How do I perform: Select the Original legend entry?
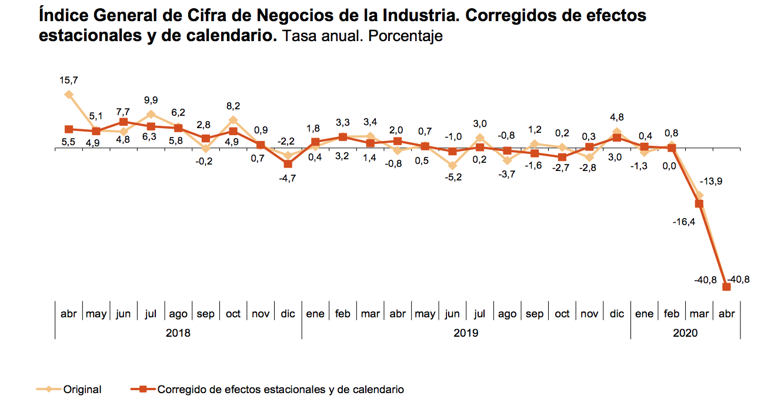click(x=82, y=390)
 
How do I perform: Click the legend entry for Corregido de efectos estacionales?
click(x=281, y=390)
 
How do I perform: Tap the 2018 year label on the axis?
click(x=178, y=333)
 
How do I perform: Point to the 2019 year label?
click(x=466, y=333)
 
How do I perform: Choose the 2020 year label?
click(x=685, y=333)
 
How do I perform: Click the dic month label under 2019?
click(x=617, y=314)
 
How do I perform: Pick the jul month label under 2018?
click(x=151, y=314)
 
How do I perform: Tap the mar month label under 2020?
click(x=699, y=314)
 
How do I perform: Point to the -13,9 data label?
click(x=711, y=182)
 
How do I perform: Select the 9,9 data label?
click(x=151, y=100)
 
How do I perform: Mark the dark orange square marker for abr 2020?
click(x=726, y=287)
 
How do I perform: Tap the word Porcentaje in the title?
click(x=405, y=36)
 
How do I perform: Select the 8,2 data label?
click(x=233, y=106)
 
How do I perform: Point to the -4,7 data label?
click(x=288, y=178)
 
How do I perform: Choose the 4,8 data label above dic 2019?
click(x=617, y=116)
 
